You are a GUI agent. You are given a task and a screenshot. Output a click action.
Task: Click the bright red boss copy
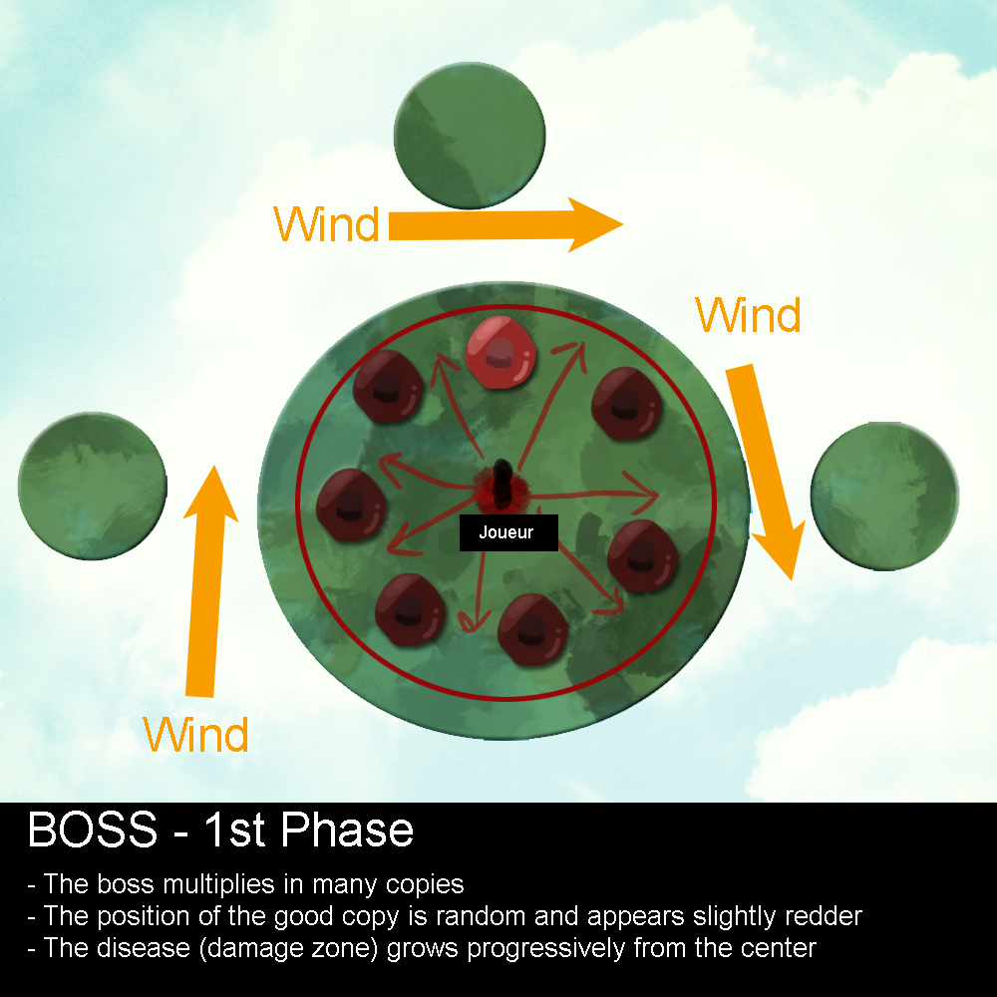click(x=500, y=350)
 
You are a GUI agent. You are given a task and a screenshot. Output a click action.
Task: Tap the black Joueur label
click(x=507, y=532)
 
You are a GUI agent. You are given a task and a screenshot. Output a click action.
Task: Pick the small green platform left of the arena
click(x=92, y=486)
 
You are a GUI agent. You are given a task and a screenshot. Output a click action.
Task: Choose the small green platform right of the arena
click(x=884, y=496)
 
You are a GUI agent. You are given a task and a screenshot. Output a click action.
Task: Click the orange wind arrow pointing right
click(x=504, y=224)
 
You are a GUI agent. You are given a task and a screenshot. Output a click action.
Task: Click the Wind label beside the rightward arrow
click(x=327, y=224)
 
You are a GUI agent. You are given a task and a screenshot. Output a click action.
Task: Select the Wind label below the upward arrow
click(x=195, y=736)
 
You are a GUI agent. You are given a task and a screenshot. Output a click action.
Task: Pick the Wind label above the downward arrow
click(x=748, y=315)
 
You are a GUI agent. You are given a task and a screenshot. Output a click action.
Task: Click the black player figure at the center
click(x=504, y=481)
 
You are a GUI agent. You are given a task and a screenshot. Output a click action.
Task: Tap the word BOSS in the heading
click(x=92, y=830)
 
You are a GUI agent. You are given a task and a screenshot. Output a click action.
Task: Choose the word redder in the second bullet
click(x=823, y=916)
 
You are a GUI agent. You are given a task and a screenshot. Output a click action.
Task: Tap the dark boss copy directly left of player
click(x=350, y=501)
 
